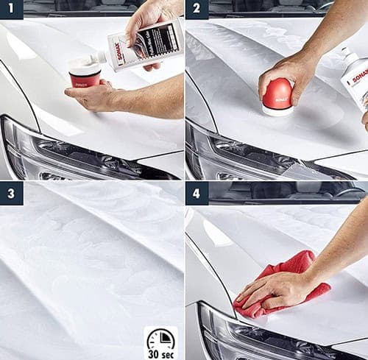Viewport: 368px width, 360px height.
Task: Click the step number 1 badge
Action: point(11,10)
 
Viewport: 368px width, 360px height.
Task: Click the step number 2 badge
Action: point(197,10)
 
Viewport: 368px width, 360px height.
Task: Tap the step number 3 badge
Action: point(11,193)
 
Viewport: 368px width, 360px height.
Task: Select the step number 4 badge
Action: point(197,193)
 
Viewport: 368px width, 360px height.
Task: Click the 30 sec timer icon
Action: point(160,342)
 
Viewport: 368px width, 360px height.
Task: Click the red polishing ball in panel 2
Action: point(277,93)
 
